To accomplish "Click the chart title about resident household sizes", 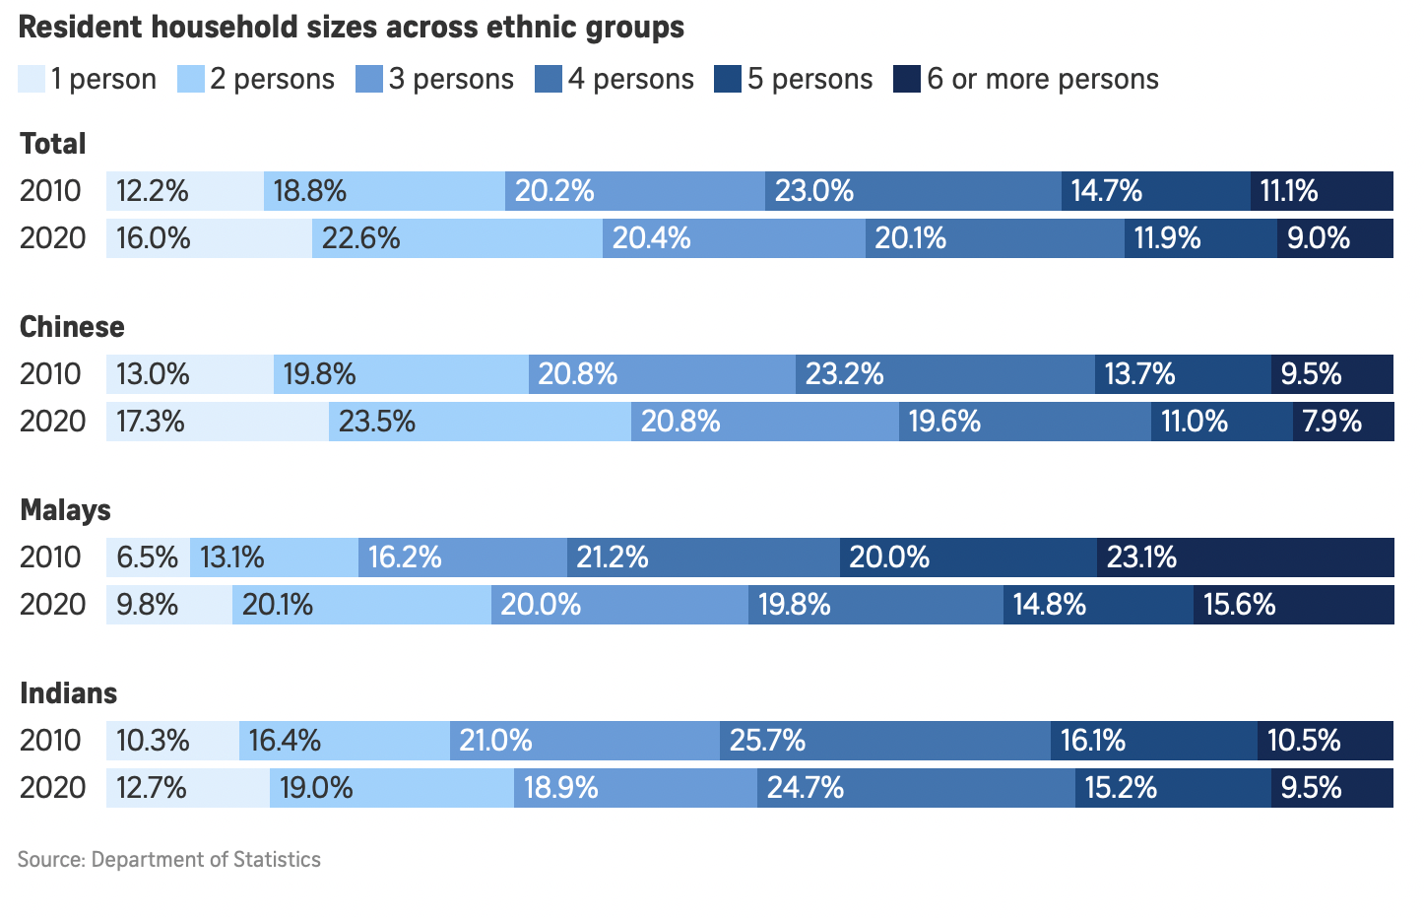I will click(352, 28).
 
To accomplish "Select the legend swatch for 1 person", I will click(32, 79).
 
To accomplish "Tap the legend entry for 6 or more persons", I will click(1026, 79).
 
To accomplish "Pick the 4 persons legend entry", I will click(615, 79).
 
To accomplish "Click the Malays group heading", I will click(65, 510).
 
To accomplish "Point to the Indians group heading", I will click(68, 693).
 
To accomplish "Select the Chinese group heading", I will click(72, 327).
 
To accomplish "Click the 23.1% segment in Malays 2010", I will click(1245, 557).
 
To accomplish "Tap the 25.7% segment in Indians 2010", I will click(884, 741).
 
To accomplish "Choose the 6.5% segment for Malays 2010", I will click(148, 557).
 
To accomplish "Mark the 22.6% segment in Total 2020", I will click(457, 238).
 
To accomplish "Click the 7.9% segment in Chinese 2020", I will click(1342, 422).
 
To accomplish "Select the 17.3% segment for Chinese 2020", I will click(217, 422).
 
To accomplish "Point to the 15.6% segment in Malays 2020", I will click(1293, 605).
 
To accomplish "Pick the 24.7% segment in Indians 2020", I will click(916, 788).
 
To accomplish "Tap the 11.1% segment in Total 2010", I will click(1322, 191).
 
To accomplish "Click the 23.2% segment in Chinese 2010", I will click(944, 374).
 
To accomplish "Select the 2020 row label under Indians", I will click(52, 788).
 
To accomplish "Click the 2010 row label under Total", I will click(50, 191).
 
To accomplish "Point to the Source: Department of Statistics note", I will click(169, 859).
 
